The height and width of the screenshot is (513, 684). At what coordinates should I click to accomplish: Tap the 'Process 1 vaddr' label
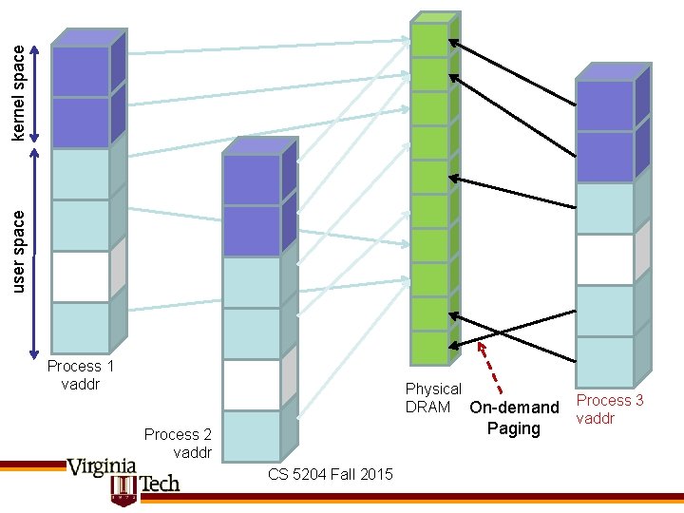coord(81,374)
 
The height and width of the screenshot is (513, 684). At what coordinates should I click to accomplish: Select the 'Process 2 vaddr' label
coord(178,443)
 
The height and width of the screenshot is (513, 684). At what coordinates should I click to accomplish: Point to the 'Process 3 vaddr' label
coord(610,409)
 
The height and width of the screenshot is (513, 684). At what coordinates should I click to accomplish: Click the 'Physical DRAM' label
coord(432,397)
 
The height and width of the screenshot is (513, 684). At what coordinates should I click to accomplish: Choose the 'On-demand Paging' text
coord(514,418)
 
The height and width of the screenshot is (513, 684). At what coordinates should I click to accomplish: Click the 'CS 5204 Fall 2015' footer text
coord(330,473)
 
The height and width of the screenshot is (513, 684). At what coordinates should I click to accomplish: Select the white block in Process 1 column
coord(80,276)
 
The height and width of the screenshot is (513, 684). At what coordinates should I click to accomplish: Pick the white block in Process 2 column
coord(251,385)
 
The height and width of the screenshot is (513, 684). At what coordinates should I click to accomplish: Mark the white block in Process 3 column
coord(605,259)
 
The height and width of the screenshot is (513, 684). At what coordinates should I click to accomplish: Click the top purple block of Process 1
coord(80,71)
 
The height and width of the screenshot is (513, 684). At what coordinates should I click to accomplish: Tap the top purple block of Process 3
coord(605,105)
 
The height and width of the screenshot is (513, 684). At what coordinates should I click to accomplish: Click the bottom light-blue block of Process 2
coord(251,435)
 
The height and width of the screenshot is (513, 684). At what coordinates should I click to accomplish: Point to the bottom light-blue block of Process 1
coord(80,327)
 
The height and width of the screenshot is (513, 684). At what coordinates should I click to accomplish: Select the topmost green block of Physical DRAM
coord(429,40)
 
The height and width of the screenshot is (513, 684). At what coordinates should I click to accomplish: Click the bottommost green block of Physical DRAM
coord(429,348)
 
